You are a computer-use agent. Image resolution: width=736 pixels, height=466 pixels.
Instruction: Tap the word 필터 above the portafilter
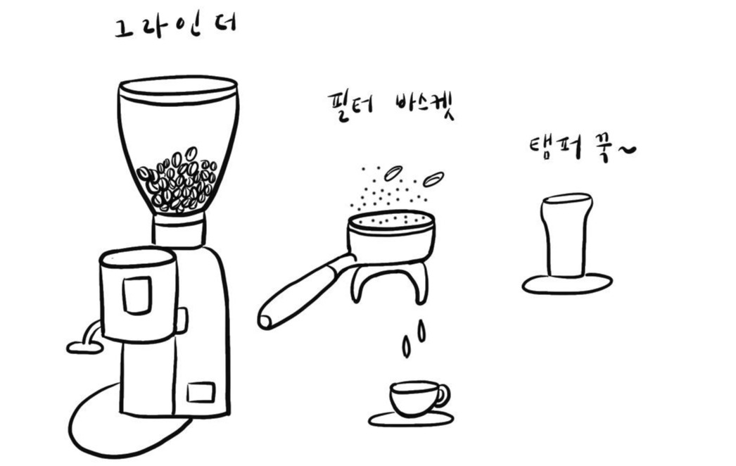[351, 107]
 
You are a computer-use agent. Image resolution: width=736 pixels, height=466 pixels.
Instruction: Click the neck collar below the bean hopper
[178, 229]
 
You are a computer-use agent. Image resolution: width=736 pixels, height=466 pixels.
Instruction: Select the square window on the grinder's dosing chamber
[137, 294]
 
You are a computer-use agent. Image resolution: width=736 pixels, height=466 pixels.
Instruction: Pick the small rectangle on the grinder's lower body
[201, 392]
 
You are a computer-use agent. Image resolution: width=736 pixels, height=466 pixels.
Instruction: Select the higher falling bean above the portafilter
[393, 173]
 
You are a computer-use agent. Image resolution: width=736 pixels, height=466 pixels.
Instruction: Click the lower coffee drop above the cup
[407, 347]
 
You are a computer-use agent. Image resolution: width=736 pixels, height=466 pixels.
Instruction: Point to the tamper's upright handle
[566, 235]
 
